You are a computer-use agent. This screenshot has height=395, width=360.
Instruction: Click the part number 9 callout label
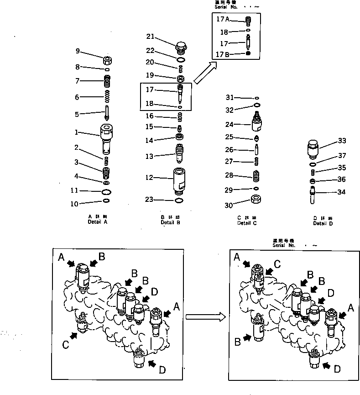click(x=78, y=51)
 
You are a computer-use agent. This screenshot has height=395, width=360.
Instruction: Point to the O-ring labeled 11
click(x=106, y=191)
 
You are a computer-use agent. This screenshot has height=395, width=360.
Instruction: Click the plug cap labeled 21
click(x=181, y=46)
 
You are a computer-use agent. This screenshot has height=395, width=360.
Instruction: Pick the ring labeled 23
click(x=180, y=200)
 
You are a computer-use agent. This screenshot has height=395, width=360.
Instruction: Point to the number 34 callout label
click(x=341, y=192)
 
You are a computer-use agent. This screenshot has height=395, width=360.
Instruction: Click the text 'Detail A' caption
click(x=98, y=221)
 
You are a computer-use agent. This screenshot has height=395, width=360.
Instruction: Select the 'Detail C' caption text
click(x=247, y=223)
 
